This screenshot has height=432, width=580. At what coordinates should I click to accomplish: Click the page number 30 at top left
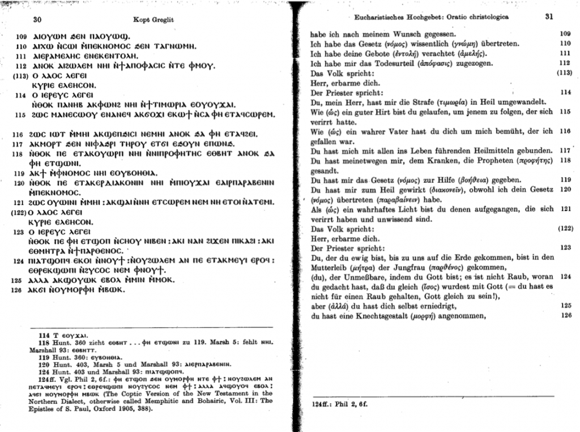[37, 19]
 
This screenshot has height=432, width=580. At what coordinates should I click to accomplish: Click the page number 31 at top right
[548, 16]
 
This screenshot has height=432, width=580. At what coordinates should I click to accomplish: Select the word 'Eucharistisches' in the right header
[387, 17]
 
